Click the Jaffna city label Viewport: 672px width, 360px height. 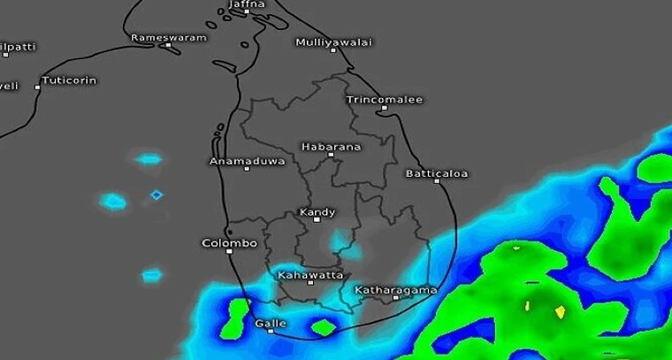coord(246,4)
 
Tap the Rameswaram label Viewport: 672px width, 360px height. coord(168,38)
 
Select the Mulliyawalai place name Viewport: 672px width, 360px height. coord(333,42)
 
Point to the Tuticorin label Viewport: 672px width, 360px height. coord(68,80)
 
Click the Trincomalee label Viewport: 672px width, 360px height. coord(384,100)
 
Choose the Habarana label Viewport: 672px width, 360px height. coord(331,147)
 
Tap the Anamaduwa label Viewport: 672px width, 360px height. coord(247,161)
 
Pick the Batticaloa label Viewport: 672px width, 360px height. coord(437,173)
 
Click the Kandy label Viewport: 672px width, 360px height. coord(317,212)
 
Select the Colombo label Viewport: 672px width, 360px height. coord(229,242)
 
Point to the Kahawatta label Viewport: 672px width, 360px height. coord(310,275)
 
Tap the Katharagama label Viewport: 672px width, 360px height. coord(395,290)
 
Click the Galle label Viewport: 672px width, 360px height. coord(271,323)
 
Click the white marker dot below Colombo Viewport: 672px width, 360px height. coord(229,252)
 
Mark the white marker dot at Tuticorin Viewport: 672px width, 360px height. coord(38,87)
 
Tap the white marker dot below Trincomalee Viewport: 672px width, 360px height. coord(385,109)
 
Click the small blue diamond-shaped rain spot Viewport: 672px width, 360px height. coord(157,195)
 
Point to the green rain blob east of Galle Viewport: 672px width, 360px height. coord(324,327)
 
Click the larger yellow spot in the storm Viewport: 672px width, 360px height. coord(559,311)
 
